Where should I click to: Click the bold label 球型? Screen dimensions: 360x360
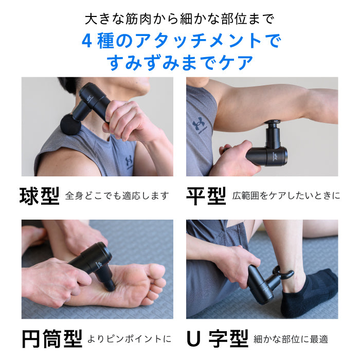(x=40, y=195)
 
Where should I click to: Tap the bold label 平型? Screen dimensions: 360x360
(x=206, y=195)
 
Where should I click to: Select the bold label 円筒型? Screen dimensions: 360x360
(x=52, y=338)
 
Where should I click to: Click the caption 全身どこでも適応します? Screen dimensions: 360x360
(x=117, y=196)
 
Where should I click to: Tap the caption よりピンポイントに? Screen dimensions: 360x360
(x=130, y=339)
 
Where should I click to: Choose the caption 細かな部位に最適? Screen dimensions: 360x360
(x=291, y=339)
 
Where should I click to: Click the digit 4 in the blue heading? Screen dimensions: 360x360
(x=87, y=41)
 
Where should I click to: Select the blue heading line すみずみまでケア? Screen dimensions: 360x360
(x=180, y=63)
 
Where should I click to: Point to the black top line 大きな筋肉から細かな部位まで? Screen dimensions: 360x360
(x=180, y=20)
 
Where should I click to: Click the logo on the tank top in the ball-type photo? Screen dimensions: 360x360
(x=129, y=163)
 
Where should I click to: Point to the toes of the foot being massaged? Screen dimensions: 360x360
(x=157, y=280)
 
